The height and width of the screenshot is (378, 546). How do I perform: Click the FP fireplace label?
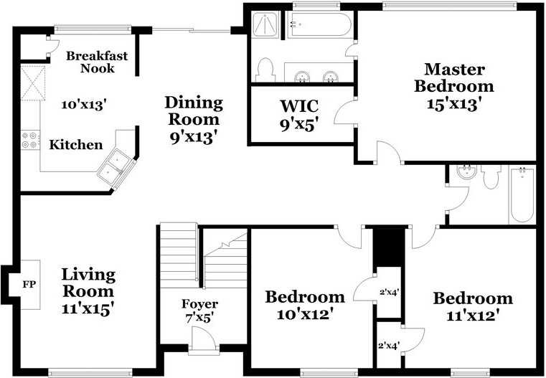[x=29, y=284]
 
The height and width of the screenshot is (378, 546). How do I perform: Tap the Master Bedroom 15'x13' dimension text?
[x=454, y=105]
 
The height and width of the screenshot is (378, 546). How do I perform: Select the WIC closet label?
[x=299, y=106]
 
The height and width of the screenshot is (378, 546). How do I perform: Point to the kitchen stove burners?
[x=30, y=140]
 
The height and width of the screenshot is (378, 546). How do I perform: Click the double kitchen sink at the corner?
[x=116, y=166]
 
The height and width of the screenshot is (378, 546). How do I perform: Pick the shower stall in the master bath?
[x=265, y=24]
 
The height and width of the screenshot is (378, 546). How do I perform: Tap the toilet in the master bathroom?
[x=265, y=70]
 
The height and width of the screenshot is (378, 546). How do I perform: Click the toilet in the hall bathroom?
[x=491, y=177]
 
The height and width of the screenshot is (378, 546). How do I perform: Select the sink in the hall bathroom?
[x=466, y=172]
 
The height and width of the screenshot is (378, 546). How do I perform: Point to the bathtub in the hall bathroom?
[x=522, y=195]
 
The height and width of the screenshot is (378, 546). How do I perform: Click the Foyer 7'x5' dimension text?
[x=199, y=318]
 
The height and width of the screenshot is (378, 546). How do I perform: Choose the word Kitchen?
[x=76, y=145]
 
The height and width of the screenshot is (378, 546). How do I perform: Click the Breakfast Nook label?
[x=97, y=62]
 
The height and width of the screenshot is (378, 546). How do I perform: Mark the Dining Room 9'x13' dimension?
[x=194, y=138]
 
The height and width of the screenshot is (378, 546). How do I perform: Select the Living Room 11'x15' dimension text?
[x=88, y=308]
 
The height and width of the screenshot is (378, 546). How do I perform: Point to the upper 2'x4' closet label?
[x=389, y=293]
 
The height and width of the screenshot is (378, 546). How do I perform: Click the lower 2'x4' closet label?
[x=389, y=346]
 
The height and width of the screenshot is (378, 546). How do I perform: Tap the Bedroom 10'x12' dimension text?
[x=306, y=315]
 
